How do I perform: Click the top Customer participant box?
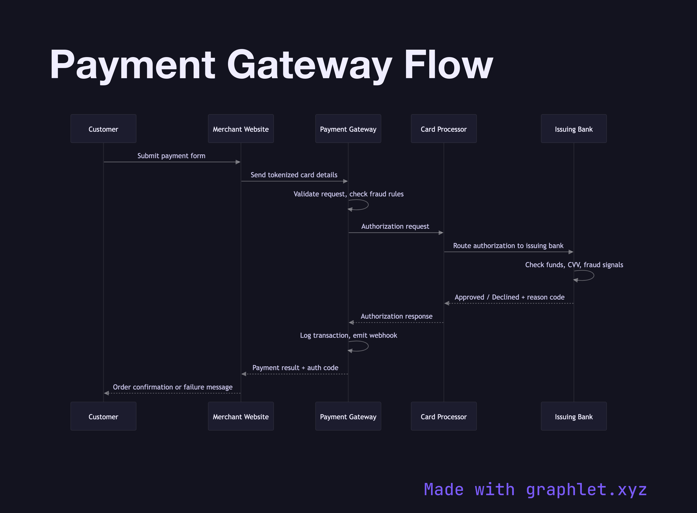tap(103, 129)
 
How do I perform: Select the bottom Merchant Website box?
tap(241, 416)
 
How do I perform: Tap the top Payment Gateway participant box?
tap(348, 129)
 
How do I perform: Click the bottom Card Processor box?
tap(444, 416)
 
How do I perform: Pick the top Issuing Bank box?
tap(573, 129)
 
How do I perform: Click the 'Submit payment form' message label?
tap(171, 156)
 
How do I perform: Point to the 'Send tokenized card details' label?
tap(294, 175)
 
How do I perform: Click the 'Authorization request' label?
tap(395, 226)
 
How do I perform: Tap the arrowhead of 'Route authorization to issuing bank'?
tap(571, 252)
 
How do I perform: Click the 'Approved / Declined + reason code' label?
tap(510, 297)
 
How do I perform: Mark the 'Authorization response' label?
tap(396, 316)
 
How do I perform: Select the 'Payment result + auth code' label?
tap(295, 368)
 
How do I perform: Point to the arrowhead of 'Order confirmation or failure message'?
tap(106, 393)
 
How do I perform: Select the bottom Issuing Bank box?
tap(573, 416)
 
